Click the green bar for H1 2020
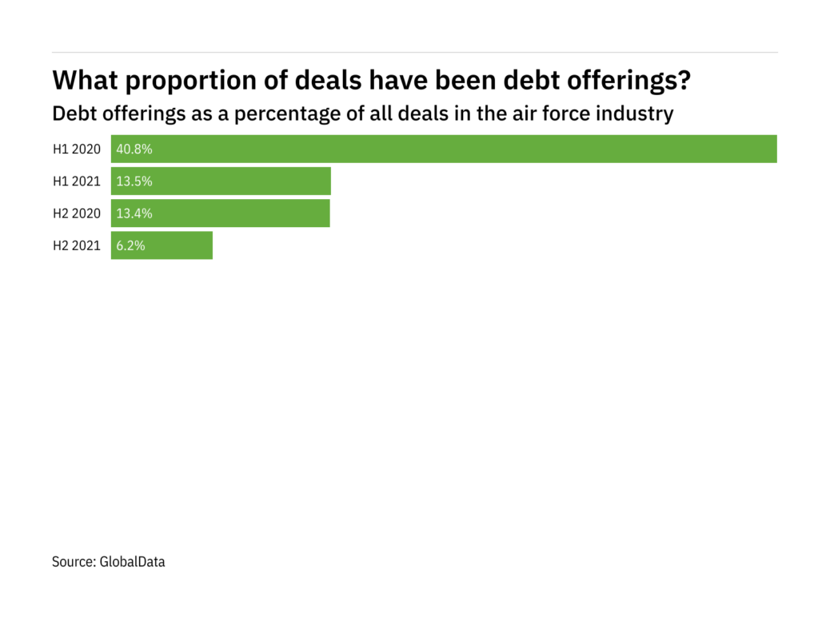[444, 150]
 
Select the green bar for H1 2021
[221, 181]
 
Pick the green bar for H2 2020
[220, 213]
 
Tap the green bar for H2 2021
[162, 245]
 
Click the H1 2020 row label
[77, 150]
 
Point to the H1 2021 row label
[77, 181]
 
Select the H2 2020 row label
[77, 213]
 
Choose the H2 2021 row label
[77, 245]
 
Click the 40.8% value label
[134, 150]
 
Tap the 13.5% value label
[134, 181]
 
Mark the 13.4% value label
[134, 213]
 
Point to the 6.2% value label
[131, 245]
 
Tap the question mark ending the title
[684, 81]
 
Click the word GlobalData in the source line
[132, 562]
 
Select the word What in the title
[82, 81]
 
